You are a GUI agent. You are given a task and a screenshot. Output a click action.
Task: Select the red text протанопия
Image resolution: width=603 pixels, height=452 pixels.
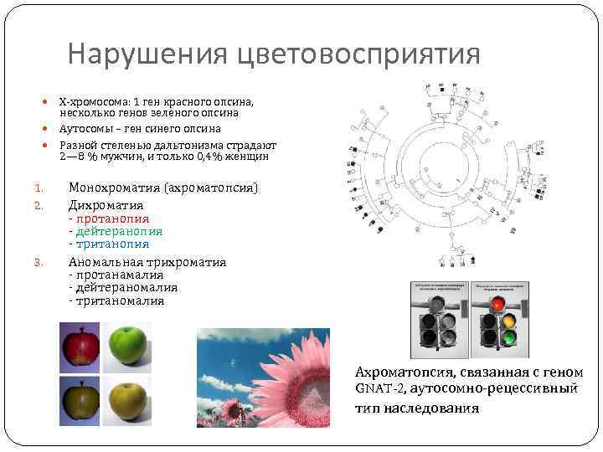(112, 218)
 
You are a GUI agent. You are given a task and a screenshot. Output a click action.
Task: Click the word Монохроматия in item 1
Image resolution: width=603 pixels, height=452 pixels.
(116, 187)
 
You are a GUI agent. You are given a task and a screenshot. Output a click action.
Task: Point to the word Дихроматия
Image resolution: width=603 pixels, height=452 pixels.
(106, 204)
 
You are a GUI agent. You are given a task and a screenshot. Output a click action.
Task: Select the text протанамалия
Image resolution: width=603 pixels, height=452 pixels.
(119, 275)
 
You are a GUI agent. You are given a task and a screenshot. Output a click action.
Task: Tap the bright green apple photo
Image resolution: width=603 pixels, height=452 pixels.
(128, 346)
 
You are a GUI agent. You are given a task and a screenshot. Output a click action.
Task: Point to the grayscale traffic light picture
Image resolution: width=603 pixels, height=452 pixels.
(437, 318)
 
